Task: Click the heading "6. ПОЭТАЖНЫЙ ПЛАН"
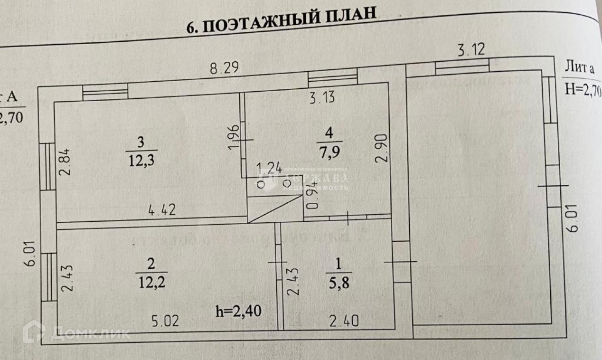(x=282, y=21)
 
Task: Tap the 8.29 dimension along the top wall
(x=225, y=68)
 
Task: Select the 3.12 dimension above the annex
(x=471, y=49)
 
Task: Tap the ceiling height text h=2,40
(x=238, y=311)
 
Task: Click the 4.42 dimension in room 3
(x=162, y=209)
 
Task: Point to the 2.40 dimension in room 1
(x=343, y=322)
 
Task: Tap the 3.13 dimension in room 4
(x=322, y=97)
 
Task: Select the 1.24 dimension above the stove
(x=269, y=168)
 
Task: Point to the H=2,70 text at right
(x=583, y=88)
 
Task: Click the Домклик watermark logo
(x=34, y=332)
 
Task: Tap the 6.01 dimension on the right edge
(x=573, y=218)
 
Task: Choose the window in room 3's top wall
(x=105, y=92)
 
